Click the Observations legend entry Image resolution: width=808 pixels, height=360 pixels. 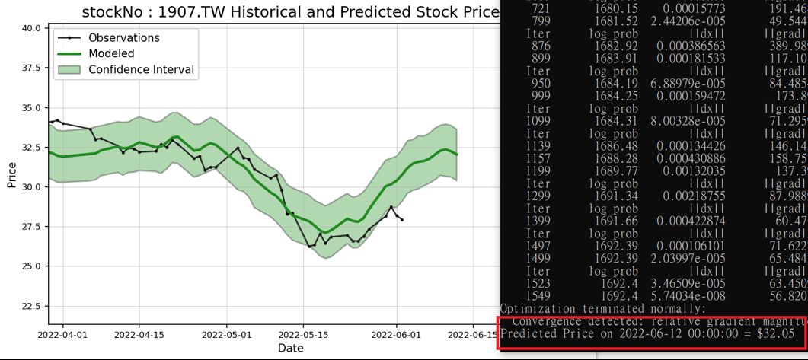tap(124, 37)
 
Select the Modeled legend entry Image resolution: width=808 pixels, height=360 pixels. tap(111, 53)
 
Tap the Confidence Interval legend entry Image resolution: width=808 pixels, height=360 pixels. tap(141, 69)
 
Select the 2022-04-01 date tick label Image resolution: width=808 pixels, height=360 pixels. tap(63, 334)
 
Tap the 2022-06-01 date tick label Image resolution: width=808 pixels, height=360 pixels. tap(396, 334)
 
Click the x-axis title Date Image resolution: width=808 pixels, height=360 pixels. tap(291, 348)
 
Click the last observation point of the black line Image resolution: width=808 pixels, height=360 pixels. tap(402, 220)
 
